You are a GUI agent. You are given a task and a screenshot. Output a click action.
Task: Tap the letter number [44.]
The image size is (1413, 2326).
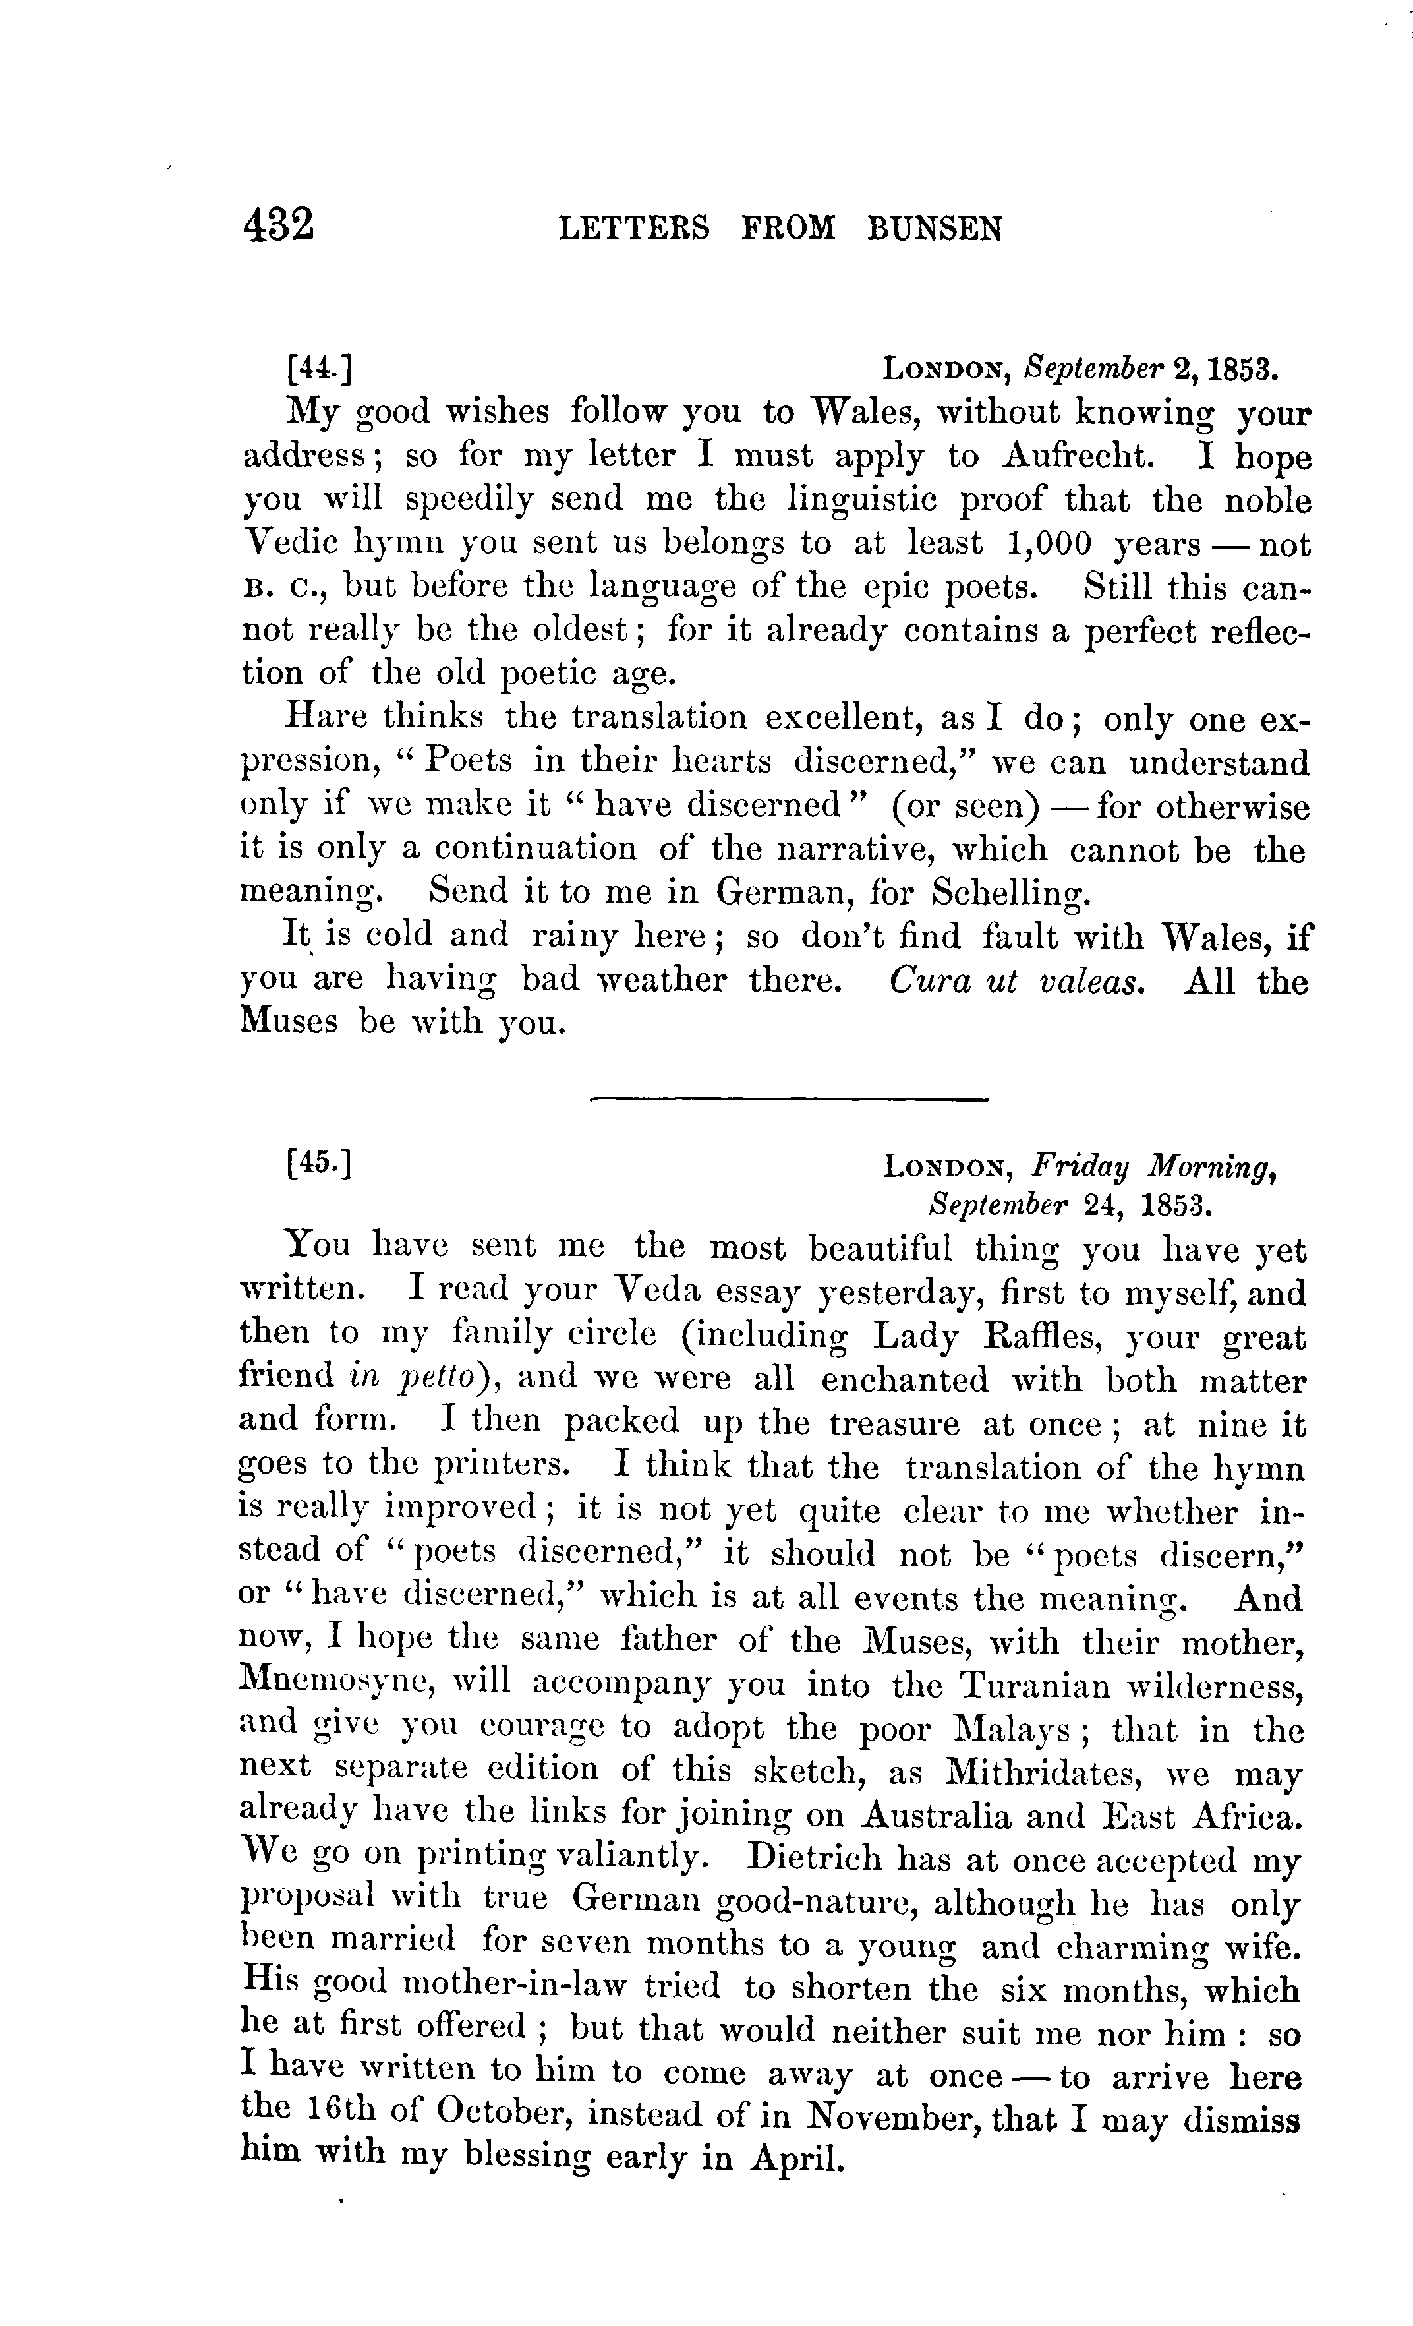pyautogui.click(x=319, y=368)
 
